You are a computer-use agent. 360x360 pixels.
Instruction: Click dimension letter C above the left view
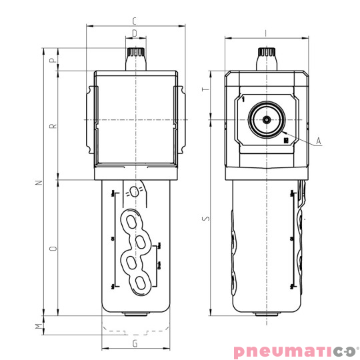[x=135, y=20]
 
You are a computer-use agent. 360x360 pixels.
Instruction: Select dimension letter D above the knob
[x=135, y=32]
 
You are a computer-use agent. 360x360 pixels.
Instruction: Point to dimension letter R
[x=53, y=125]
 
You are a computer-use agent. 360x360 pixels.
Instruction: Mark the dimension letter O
[x=53, y=247]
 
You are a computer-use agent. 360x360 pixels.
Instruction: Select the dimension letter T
[x=206, y=90]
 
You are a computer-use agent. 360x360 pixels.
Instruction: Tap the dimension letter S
[x=206, y=217]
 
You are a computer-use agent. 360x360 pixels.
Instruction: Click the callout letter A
[x=319, y=141]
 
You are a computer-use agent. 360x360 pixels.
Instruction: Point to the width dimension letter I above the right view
[x=266, y=31]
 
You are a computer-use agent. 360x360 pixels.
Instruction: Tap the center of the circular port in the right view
[x=266, y=120]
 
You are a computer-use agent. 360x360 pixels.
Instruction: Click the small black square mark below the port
[x=285, y=140]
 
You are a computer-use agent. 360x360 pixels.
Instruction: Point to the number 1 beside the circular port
[x=244, y=99]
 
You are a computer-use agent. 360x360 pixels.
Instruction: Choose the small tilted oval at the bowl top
[x=135, y=192]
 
